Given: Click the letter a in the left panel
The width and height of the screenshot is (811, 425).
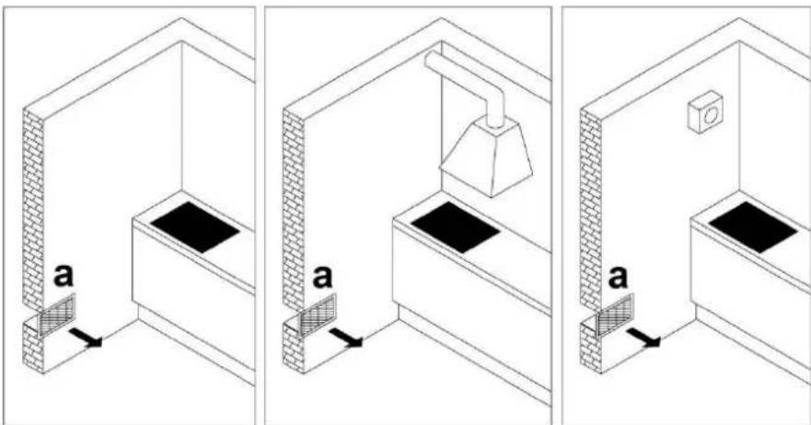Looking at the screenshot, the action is click(x=64, y=276).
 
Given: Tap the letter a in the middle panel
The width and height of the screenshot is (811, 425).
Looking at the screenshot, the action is click(x=322, y=276).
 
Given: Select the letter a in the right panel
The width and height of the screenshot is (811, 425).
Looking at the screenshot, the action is click(x=618, y=276).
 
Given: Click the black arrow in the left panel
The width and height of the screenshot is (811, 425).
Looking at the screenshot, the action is click(x=86, y=337).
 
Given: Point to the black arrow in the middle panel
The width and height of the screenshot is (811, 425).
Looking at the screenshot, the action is click(x=345, y=337).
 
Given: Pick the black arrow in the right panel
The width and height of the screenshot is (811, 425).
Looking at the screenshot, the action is click(x=643, y=337).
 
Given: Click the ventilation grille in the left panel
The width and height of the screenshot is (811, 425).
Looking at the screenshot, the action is click(x=57, y=314).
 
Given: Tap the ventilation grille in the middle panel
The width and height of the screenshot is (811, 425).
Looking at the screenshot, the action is click(x=318, y=314).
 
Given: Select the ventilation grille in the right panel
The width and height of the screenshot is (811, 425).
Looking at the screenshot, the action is click(x=615, y=314).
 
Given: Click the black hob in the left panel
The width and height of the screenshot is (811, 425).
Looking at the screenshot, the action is click(x=195, y=227).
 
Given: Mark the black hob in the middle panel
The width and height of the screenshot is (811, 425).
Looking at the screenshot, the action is click(x=455, y=227).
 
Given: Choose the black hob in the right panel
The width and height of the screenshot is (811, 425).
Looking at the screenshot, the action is click(x=753, y=227).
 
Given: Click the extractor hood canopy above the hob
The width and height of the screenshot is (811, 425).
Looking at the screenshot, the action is click(x=486, y=156).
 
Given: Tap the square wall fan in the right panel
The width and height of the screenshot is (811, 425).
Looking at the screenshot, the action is click(x=704, y=112).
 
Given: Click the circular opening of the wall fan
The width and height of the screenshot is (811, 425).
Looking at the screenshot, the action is click(x=709, y=115).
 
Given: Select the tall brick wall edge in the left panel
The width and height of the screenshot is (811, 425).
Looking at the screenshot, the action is click(x=34, y=207).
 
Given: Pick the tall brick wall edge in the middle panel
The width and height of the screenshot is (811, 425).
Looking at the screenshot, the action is click(x=294, y=207).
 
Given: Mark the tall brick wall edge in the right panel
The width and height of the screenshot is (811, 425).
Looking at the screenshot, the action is click(x=591, y=207).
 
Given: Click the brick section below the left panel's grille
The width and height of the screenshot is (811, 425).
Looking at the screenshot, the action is click(x=33, y=347).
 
